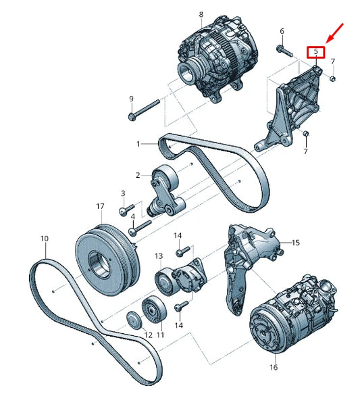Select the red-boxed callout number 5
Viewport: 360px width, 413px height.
316,51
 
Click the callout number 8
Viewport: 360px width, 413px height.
201,14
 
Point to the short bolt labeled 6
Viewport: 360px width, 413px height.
283,49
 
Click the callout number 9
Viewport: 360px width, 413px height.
131,99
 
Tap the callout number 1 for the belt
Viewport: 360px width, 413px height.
138,144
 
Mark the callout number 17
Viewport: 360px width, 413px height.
99,206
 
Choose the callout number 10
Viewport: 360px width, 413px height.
45,239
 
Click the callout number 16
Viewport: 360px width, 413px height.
274,368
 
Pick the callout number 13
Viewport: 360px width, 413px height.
159,256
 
